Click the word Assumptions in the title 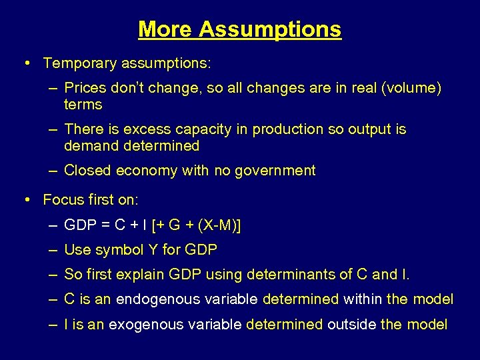click(269, 29)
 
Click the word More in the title click(165, 29)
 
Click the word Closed click(87, 171)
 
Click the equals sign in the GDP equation click(105, 225)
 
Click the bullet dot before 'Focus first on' click(26, 199)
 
